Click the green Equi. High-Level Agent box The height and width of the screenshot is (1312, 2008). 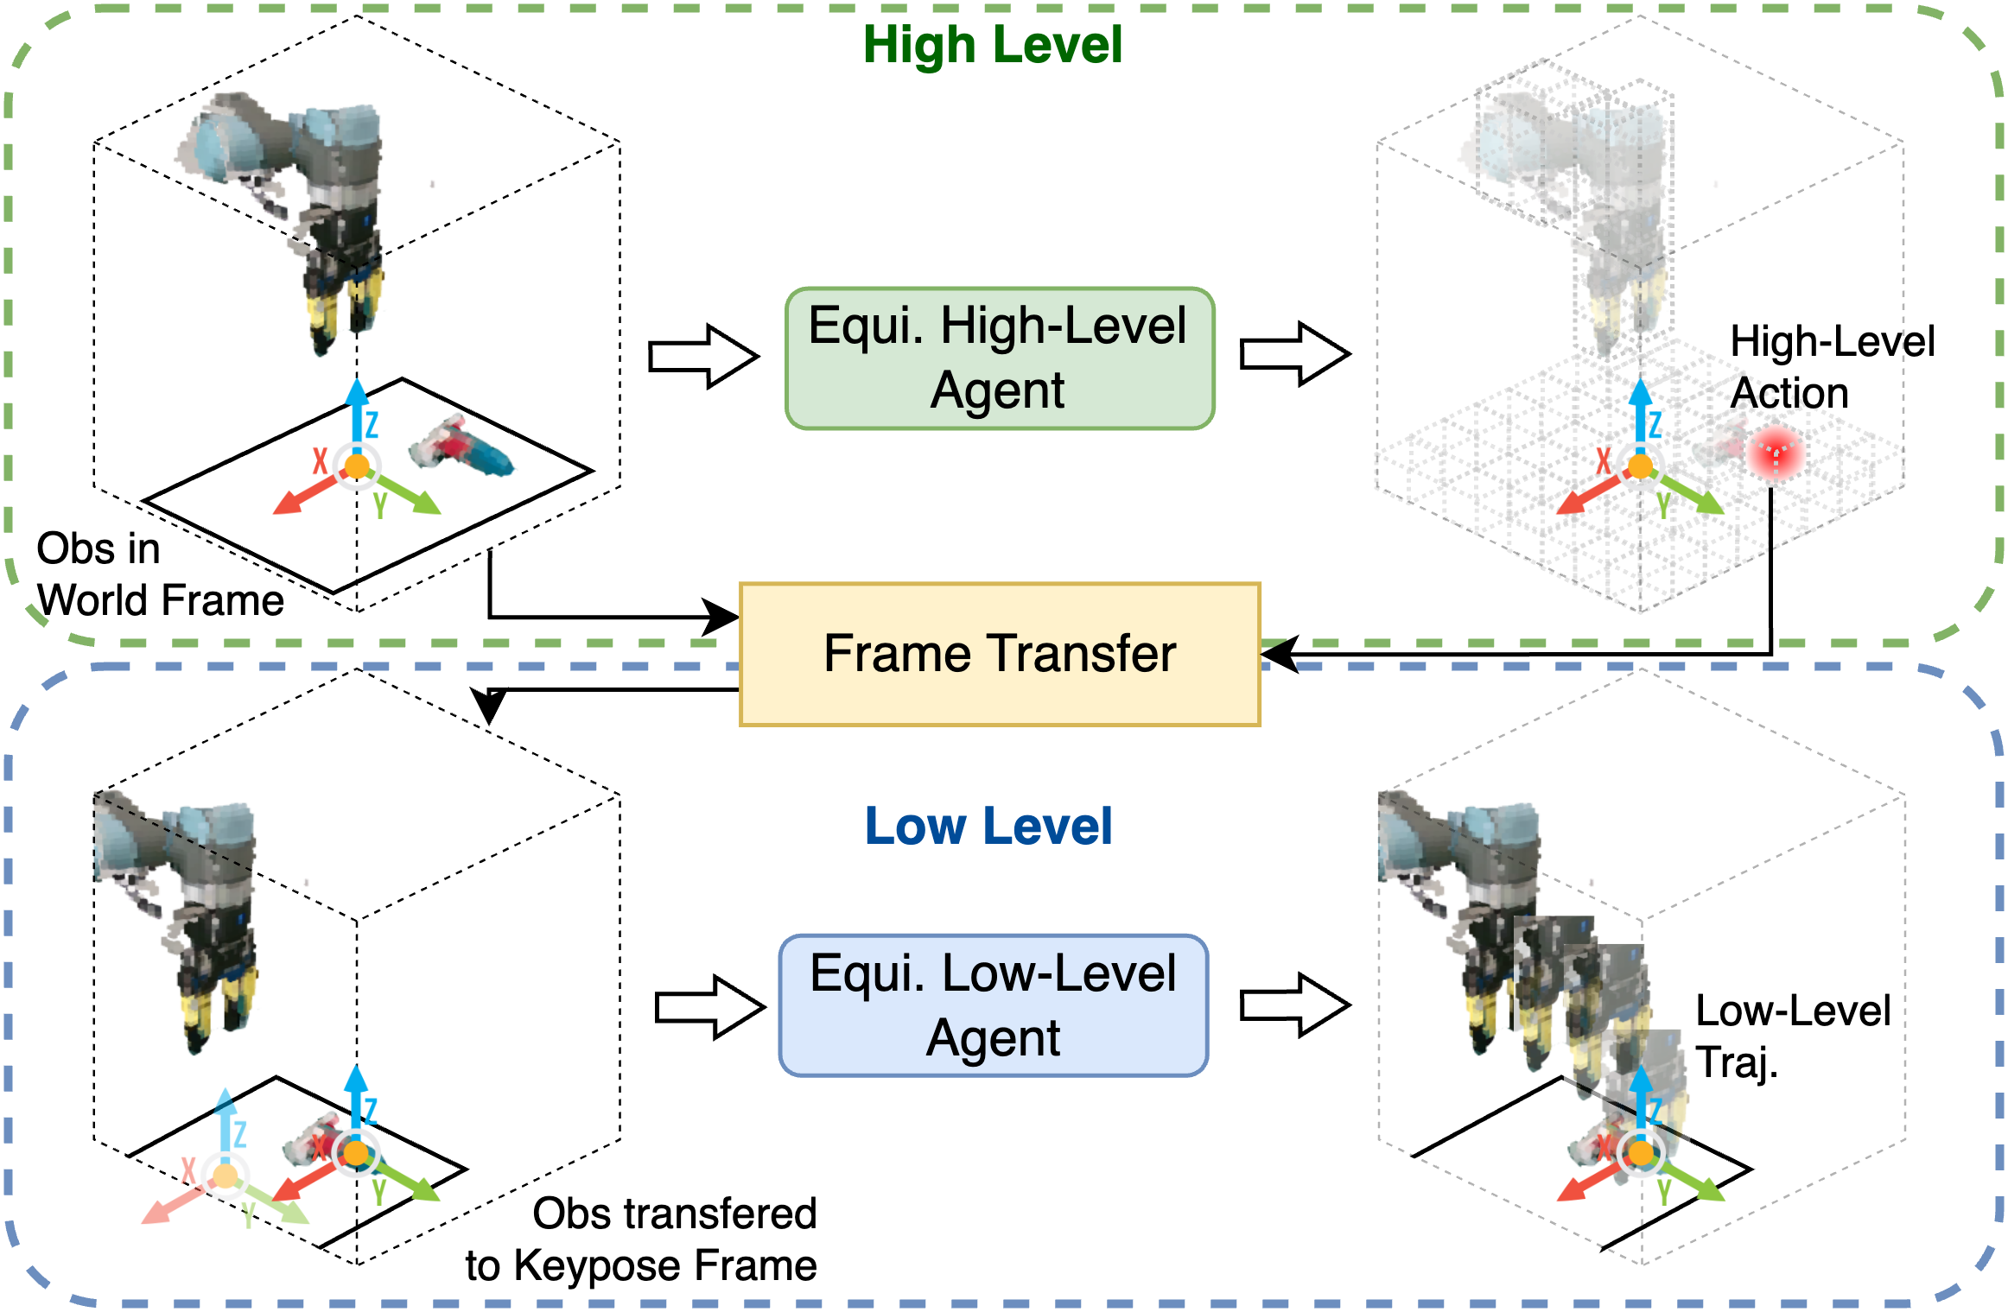[1000, 358]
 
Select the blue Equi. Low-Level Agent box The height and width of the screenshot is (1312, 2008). [994, 1005]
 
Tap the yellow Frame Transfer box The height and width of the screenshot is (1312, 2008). [1000, 654]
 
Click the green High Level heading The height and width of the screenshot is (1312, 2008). [992, 44]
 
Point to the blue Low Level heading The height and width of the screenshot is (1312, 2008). [988, 826]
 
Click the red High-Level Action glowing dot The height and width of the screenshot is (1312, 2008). [1775, 453]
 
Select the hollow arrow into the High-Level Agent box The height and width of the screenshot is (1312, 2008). [703, 356]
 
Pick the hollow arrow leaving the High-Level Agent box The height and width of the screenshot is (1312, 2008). [1295, 354]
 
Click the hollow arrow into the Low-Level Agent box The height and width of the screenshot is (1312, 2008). [710, 1006]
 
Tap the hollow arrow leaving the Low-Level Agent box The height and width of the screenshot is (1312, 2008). [1295, 1005]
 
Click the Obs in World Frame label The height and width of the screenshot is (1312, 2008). [160, 574]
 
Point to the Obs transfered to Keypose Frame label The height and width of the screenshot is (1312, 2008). [641, 1239]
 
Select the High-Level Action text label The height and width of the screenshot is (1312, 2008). [1832, 367]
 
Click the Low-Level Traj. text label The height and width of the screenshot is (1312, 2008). [1793, 1036]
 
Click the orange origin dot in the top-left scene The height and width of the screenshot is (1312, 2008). [357, 467]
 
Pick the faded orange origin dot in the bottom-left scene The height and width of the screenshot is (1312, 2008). [225, 1176]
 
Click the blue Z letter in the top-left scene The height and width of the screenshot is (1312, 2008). [372, 424]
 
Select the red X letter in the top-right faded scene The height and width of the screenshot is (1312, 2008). [1604, 460]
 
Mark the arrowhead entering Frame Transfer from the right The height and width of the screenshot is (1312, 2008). [1280, 654]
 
